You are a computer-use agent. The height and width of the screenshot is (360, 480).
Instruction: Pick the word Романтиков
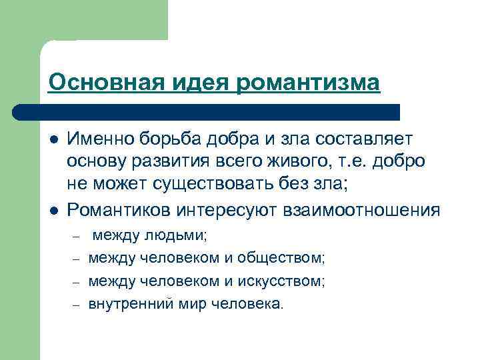120,211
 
